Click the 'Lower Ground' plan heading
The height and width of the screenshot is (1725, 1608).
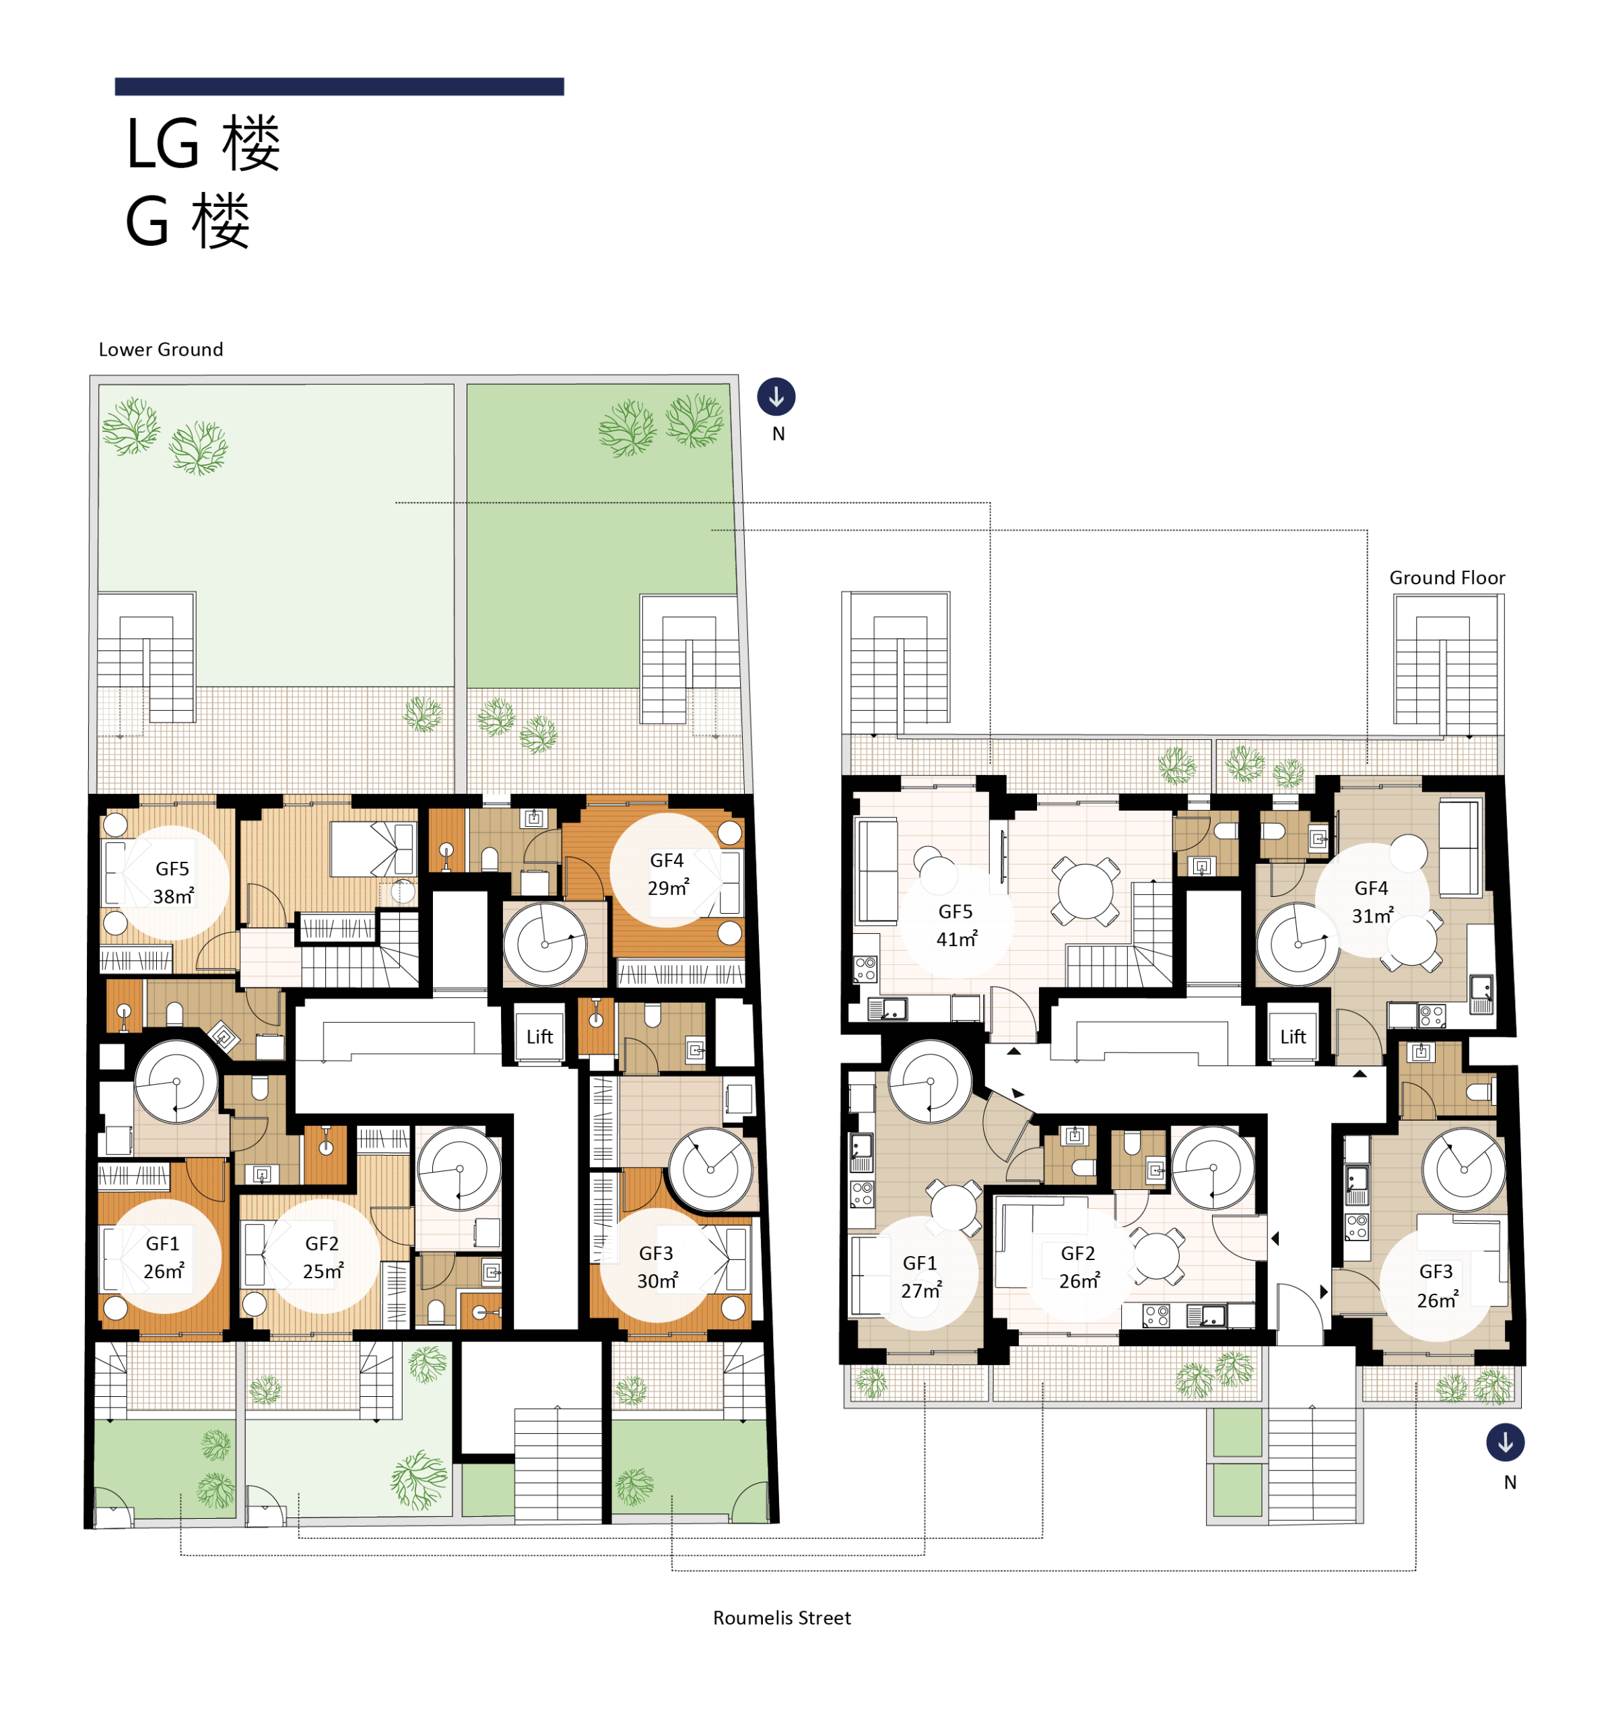[160, 349]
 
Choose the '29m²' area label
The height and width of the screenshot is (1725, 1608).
[668, 887]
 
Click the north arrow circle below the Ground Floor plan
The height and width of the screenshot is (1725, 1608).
[1505, 1443]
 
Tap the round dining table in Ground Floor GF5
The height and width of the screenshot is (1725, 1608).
[1084, 890]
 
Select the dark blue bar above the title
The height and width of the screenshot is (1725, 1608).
[339, 86]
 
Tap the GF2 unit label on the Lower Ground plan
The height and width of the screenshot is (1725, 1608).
[322, 1243]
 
